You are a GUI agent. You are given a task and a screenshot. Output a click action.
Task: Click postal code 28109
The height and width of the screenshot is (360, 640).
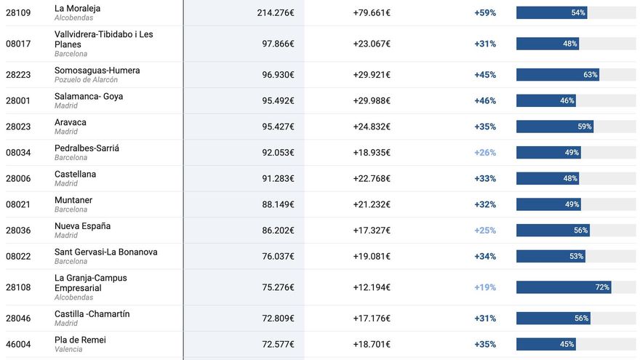18,12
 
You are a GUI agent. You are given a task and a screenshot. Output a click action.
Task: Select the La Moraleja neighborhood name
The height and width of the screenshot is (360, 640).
77,8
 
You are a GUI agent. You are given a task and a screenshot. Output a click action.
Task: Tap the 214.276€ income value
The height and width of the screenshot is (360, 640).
276,12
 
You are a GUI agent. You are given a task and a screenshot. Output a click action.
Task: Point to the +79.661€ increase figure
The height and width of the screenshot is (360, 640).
372,12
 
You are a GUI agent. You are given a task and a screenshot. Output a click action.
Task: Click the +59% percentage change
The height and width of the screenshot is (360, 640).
485,12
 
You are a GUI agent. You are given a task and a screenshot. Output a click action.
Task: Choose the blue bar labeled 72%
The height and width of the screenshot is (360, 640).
564,287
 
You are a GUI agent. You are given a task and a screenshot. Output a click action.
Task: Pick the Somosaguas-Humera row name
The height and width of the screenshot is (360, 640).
97,71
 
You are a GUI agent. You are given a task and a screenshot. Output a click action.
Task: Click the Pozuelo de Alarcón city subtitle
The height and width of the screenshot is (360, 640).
86,80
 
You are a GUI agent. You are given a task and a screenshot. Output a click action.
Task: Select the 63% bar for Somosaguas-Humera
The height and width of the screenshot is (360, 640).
558,75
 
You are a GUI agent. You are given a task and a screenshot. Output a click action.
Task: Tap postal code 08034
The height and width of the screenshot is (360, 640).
18,153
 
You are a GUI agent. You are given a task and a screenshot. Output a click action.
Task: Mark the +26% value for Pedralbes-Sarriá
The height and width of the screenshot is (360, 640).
485,153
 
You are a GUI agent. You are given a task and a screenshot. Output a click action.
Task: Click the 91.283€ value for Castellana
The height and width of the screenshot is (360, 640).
278,179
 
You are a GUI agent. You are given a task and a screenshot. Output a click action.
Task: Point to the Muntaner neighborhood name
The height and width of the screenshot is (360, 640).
73,200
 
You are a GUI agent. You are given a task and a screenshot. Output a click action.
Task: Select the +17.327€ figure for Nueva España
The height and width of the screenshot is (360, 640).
372,231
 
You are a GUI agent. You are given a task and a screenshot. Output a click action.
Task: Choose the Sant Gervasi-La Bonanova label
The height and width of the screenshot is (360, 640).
105,252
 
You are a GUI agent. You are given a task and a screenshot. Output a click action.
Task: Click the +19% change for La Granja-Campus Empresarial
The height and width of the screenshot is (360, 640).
485,287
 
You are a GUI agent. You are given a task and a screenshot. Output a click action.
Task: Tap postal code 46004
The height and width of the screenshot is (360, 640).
18,344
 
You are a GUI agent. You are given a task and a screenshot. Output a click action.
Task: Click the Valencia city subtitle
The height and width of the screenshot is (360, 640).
68,349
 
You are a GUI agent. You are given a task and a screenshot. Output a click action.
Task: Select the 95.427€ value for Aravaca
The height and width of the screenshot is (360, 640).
278,127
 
